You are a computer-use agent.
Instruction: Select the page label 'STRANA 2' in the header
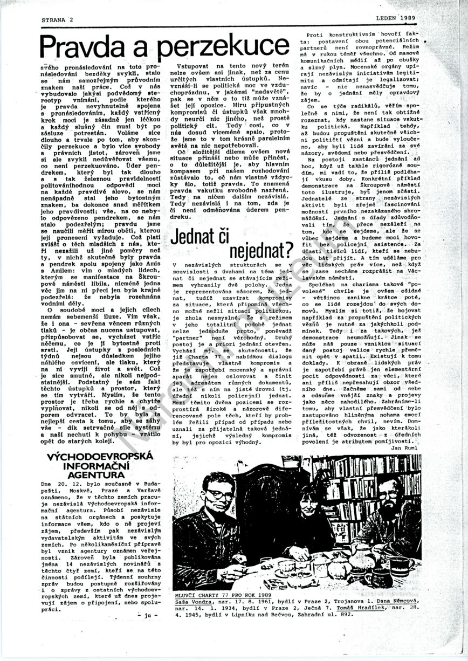pyautogui.click(x=57, y=19)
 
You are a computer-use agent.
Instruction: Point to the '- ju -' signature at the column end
pyautogui.click(x=146, y=615)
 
